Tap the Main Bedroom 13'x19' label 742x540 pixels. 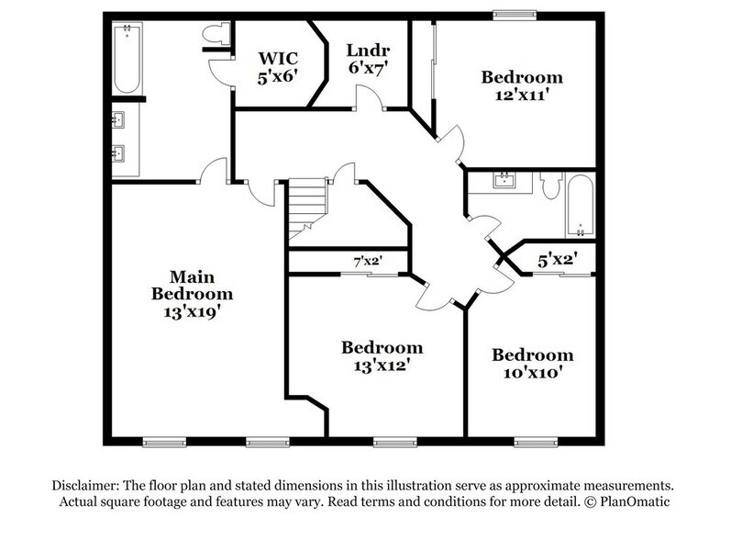[192, 294]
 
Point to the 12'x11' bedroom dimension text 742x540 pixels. [522, 96]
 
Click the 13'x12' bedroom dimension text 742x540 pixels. [382, 365]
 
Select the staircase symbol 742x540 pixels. [306, 206]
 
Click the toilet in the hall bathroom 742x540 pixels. [549, 186]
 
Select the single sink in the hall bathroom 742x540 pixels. [504, 180]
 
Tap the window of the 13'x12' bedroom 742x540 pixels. [391, 443]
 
